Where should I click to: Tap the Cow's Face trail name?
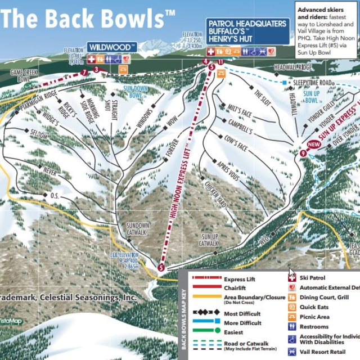click(236, 146)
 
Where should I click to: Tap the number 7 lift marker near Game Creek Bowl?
click(84, 72)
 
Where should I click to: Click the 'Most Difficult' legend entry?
click(242, 314)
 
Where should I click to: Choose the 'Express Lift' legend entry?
click(239, 278)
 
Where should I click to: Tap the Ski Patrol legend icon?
click(292, 278)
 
